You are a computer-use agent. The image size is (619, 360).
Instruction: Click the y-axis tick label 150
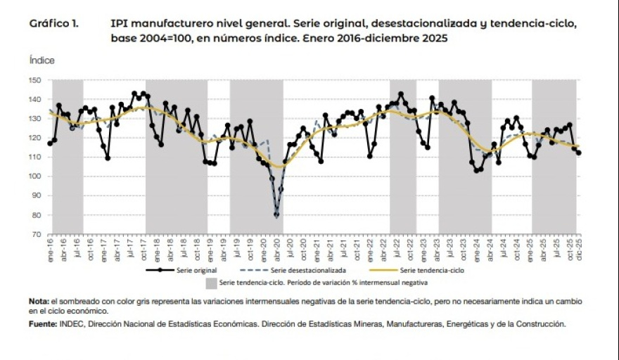pos(37,80)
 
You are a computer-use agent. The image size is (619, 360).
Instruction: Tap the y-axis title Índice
pos(42,61)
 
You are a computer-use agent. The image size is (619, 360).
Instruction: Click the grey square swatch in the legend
pos(211,283)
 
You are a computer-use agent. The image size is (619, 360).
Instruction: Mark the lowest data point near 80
pos(276,215)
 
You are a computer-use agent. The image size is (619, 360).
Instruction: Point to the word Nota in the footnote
pos(39,302)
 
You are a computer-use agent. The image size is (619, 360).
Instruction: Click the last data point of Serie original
pos(579,153)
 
